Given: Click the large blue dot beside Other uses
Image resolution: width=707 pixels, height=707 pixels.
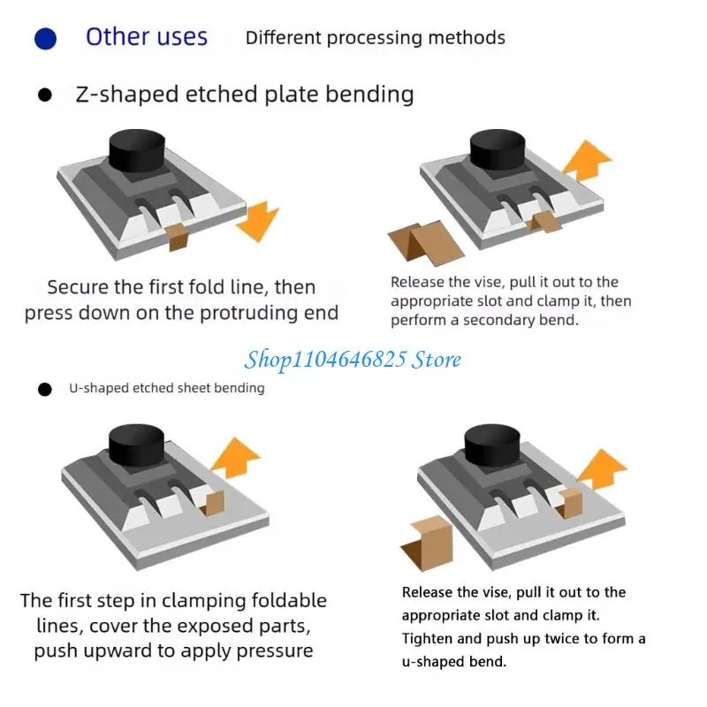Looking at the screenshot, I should click(45, 39).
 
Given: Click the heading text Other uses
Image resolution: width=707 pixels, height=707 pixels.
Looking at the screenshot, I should click(146, 37).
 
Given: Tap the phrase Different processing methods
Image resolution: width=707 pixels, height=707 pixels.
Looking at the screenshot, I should click(375, 38).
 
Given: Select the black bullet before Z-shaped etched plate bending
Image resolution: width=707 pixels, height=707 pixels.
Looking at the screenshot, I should click(45, 95).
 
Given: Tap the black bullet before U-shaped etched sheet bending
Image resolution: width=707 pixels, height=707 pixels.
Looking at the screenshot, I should click(45, 389).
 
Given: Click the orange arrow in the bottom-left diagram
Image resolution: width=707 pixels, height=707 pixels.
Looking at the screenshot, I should click(237, 460).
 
